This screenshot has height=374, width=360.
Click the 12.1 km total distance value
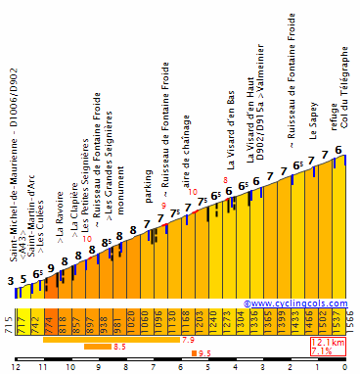tap(329, 344)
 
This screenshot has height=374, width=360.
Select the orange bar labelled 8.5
tap(97, 346)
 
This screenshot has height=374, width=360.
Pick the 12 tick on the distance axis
tap(15, 366)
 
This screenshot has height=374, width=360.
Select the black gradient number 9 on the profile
tap(51, 268)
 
